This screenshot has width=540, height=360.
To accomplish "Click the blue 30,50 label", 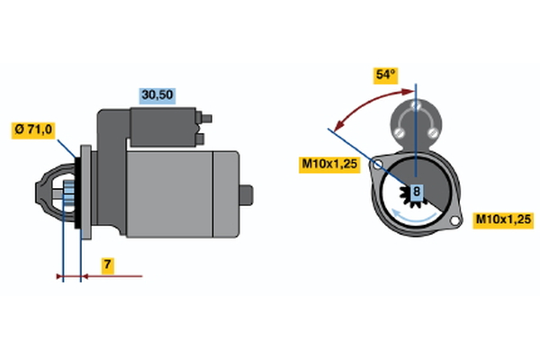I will pos(156,94).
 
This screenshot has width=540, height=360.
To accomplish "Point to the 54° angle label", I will pos(386,76).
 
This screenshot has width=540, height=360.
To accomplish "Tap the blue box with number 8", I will pos(417,192).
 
